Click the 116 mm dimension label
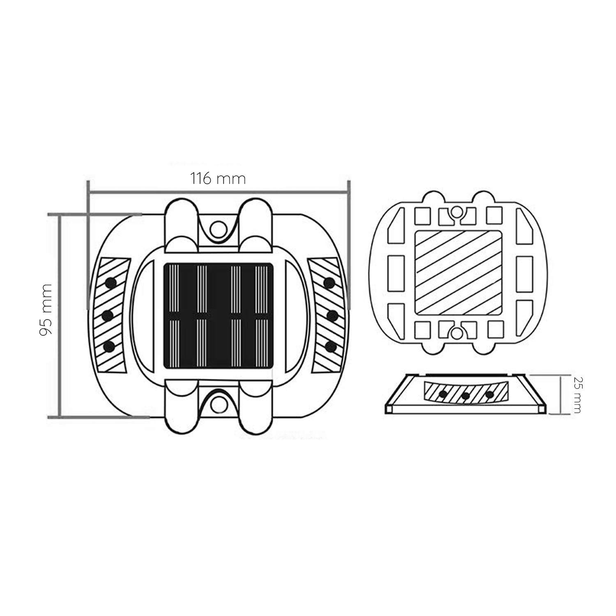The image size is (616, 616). [218, 179]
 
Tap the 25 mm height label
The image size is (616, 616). [577, 395]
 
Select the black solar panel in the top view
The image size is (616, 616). [218, 315]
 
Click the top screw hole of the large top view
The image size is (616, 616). [218, 228]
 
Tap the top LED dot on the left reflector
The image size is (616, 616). [110, 282]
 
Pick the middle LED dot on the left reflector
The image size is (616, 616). [108, 315]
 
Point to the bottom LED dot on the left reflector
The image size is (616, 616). [109, 347]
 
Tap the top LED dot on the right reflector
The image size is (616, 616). [329, 282]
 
